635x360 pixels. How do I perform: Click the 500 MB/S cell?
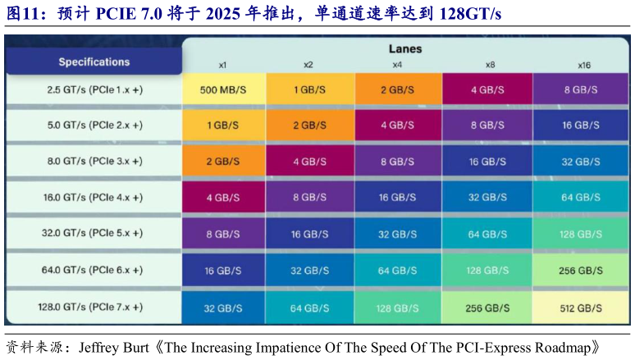click(x=223, y=90)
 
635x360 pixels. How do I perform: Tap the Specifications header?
click(x=94, y=62)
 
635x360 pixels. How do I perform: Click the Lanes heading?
click(x=404, y=48)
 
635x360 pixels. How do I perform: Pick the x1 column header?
click(x=222, y=65)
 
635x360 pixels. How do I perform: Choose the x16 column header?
click(x=584, y=65)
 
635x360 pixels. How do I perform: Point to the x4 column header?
click(x=397, y=65)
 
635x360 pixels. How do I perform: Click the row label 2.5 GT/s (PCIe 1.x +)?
click(x=94, y=89)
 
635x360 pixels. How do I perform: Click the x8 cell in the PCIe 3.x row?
click(x=487, y=162)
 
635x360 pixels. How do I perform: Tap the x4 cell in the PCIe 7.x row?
click(x=397, y=308)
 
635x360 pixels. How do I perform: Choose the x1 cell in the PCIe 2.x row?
click(x=223, y=126)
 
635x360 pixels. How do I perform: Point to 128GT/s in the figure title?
click(x=463, y=15)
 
